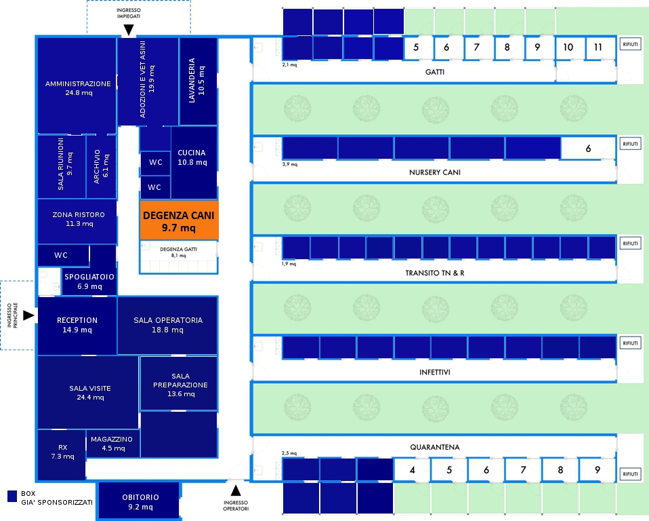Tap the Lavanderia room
(198, 81)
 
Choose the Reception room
(77, 325)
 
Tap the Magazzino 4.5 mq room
(112, 444)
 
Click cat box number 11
(597, 47)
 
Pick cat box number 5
(416, 47)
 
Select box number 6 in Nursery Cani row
(588, 149)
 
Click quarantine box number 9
(597, 469)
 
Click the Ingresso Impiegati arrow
(128, 30)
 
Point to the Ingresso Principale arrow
(28, 315)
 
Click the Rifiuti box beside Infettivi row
(630, 344)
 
